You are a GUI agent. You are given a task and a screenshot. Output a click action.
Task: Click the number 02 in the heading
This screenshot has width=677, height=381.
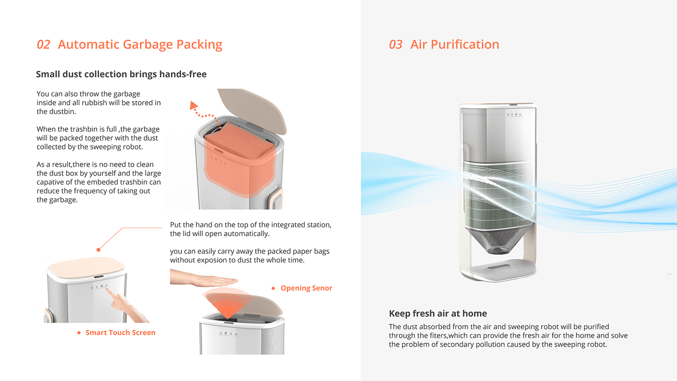pyautogui.click(x=44, y=44)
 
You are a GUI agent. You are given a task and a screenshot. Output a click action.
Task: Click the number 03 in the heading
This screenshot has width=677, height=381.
pyautogui.click(x=396, y=44)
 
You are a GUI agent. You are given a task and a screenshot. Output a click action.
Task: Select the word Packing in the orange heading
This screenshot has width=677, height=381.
pyautogui.click(x=199, y=44)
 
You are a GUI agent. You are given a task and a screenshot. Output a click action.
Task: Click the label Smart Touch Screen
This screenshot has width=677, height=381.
pyautogui.click(x=120, y=333)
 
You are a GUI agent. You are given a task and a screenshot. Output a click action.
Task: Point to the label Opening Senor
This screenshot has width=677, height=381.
pyautogui.click(x=307, y=288)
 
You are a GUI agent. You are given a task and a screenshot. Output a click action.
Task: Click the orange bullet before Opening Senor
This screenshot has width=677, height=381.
pyautogui.click(x=273, y=288)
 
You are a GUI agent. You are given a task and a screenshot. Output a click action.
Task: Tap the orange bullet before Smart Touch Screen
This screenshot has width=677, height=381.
pyautogui.click(x=79, y=333)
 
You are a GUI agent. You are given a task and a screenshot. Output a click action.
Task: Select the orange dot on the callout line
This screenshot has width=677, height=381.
pyautogui.click(x=98, y=249)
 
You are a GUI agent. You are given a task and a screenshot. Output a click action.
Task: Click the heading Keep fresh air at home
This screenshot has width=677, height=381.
pyautogui.click(x=438, y=313)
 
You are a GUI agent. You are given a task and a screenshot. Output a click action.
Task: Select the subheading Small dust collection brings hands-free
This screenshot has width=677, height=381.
pyautogui.click(x=121, y=74)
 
